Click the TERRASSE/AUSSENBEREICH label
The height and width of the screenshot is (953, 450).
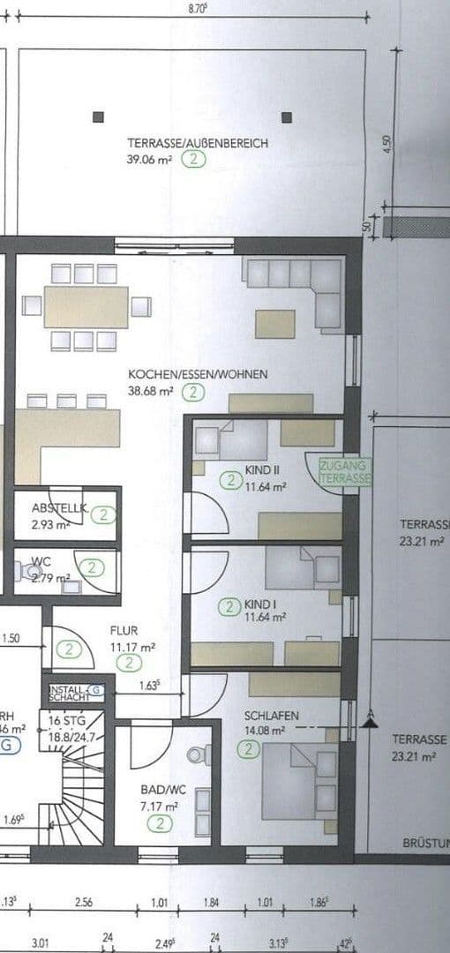[x=197, y=143]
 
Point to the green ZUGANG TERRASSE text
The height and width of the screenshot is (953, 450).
[x=347, y=471]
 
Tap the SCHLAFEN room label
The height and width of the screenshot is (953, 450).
[x=271, y=715]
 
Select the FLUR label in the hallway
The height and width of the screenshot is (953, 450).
[x=124, y=631]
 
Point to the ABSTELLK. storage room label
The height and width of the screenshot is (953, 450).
[x=59, y=508]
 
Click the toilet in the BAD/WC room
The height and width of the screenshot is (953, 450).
[x=199, y=755]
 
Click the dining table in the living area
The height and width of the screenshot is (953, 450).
[x=86, y=306]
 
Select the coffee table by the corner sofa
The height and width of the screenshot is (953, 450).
[x=275, y=324]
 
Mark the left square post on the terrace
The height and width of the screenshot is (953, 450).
[x=97, y=116]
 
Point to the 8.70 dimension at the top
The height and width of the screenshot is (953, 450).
[x=198, y=8]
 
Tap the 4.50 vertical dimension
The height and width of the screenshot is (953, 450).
[x=386, y=142]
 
